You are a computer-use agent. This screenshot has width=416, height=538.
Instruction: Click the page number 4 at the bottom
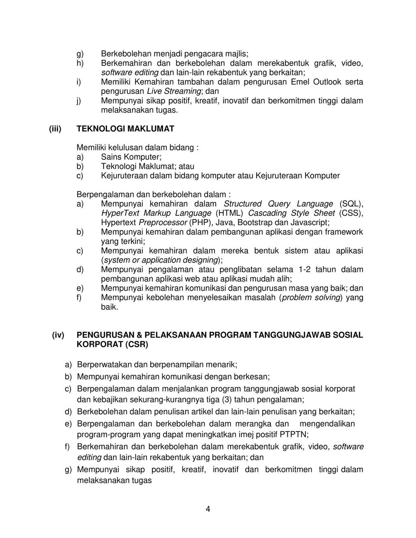208,509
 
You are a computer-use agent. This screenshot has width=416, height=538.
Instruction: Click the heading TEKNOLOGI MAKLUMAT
125,129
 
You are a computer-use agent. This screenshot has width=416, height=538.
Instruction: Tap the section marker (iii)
55,129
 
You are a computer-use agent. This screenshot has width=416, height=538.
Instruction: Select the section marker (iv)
58,335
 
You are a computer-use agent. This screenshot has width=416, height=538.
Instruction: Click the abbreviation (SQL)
352,204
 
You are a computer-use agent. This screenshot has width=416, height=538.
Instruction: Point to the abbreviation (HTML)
230,213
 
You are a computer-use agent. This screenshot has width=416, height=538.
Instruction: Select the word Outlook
327,81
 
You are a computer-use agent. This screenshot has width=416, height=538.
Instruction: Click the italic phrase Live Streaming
174,91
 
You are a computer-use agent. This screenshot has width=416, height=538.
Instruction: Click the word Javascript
309,223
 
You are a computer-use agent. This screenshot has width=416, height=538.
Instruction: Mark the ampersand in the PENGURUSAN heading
137,335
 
